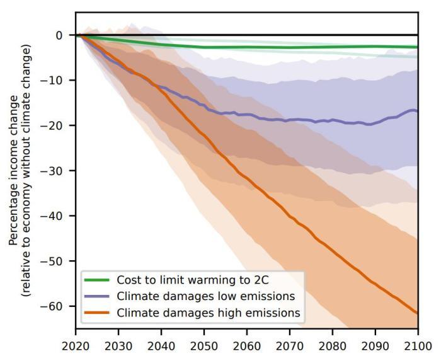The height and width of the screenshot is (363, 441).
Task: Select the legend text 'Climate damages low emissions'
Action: (x=196, y=296)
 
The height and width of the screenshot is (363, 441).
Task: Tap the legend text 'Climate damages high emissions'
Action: (x=198, y=312)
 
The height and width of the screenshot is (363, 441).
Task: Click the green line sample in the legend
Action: (x=98, y=279)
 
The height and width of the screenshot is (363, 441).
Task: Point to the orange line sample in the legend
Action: (x=98, y=312)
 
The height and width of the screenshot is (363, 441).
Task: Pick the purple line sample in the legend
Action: (x=98, y=296)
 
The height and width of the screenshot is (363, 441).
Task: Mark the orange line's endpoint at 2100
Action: (x=418, y=313)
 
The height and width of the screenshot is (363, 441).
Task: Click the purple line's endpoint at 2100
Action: (x=418, y=111)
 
